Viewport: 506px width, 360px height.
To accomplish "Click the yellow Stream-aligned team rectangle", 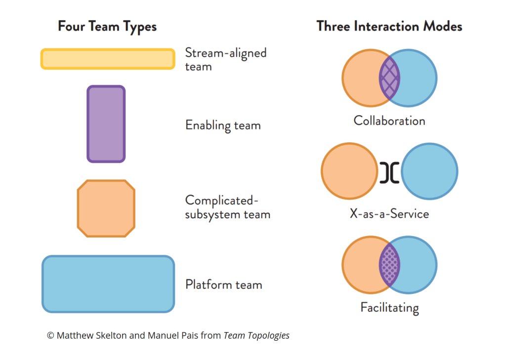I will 107,59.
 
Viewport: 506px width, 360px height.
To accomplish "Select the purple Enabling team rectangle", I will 106,124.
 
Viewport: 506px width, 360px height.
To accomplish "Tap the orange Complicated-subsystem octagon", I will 106,208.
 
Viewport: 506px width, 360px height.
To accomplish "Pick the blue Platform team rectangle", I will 108,284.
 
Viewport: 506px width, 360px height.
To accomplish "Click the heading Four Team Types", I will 107,26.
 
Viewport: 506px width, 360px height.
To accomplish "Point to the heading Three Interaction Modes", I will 389,26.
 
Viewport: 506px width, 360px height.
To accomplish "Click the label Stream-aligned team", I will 225,59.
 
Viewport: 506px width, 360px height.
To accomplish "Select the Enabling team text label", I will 223,125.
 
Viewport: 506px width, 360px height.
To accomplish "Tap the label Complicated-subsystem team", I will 227,207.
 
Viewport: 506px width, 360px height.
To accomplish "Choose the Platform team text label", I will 223,285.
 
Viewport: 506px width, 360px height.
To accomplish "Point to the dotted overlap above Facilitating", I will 389,266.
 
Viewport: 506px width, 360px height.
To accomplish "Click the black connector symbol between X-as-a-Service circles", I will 389,172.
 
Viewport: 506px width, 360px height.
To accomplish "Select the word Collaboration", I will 389,121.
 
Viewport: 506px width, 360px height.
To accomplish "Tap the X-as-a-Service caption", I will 389,214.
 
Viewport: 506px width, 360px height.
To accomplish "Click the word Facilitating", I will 389,308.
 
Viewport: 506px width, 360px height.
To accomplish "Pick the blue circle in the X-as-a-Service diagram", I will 429,171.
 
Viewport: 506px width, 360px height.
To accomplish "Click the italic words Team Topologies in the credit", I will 256,336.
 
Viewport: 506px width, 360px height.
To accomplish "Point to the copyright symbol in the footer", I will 50,336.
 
